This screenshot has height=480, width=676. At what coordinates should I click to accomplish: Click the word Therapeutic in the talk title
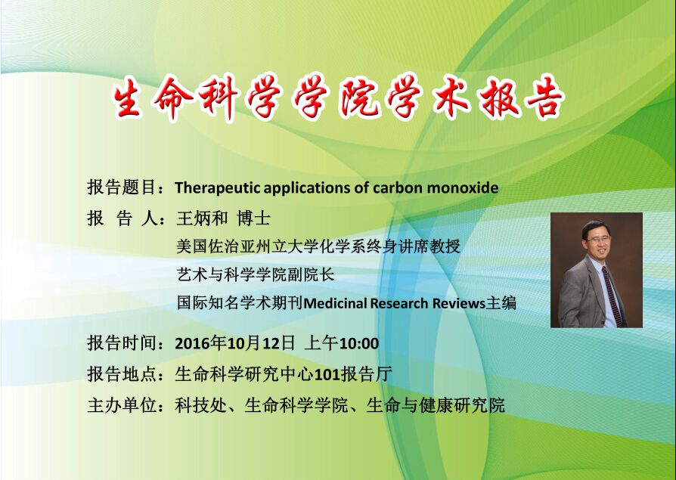coord(218,188)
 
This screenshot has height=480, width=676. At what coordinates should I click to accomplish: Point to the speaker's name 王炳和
coord(202,218)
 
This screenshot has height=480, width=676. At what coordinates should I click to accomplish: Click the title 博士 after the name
coord(253,218)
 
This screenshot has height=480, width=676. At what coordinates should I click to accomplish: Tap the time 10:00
coord(359,343)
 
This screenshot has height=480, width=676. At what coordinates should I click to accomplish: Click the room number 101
coord(327,374)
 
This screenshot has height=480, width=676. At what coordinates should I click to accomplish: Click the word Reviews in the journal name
coord(459,303)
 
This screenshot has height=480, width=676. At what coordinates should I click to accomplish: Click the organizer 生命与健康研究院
coord(436,405)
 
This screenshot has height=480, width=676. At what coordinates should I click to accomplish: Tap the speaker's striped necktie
coord(613,295)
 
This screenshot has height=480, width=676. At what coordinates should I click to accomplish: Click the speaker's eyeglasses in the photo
coord(598,239)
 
